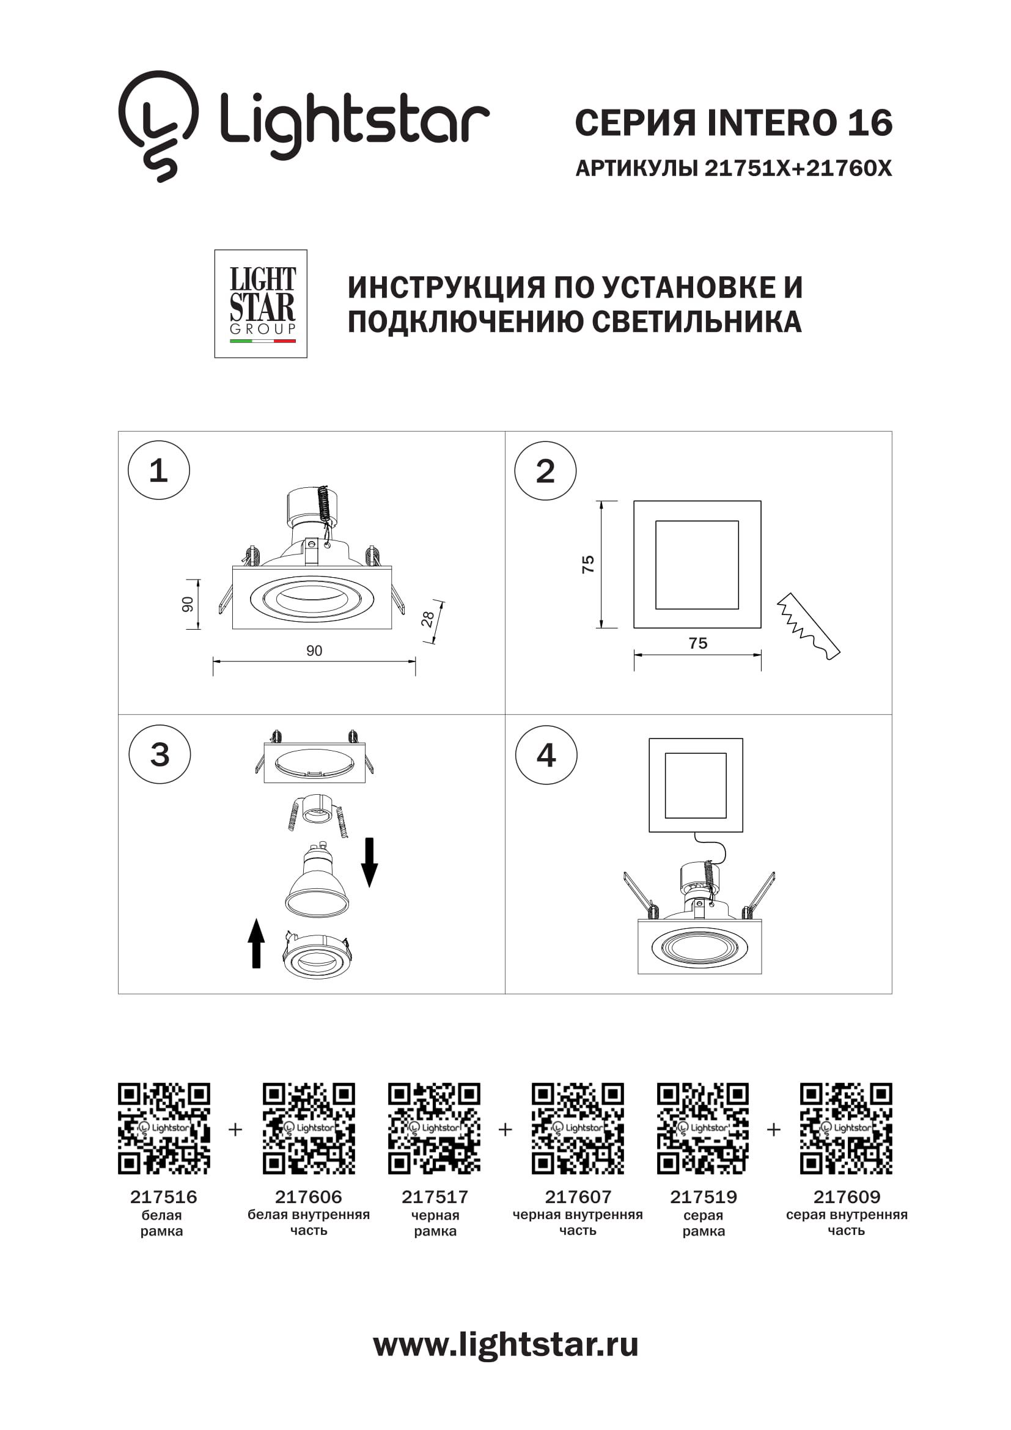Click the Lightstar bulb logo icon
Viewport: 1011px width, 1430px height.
(x=158, y=125)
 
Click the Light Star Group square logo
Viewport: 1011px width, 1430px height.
(x=261, y=304)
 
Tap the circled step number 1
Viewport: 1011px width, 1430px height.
(x=158, y=470)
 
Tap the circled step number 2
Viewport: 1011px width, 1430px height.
(x=545, y=471)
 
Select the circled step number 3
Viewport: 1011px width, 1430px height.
(x=160, y=754)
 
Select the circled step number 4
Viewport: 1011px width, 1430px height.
(x=546, y=755)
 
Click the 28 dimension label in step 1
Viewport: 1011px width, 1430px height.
(x=428, y=619)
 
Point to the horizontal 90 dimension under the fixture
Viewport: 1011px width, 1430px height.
(x=314, y=651)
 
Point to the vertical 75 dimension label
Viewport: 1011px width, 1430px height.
(x=587, y=564)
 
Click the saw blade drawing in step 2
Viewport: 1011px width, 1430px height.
(x=808, y=627)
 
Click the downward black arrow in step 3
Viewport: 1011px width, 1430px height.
(x=370, y=862)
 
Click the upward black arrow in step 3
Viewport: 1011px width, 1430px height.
(x=256, y=943)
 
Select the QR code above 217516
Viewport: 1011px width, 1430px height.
(x=164, y=1129)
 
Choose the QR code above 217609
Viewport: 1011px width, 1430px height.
(x=846, y=1129)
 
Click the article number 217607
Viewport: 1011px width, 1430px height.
(x=578, y=1197)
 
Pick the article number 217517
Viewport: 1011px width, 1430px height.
(x=435, y=1197)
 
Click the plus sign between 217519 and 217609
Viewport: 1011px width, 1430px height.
(x=773, y=1129)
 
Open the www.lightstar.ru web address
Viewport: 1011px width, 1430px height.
(x=505, y=1344)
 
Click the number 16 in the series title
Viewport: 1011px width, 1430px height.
(x=870, y=123)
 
